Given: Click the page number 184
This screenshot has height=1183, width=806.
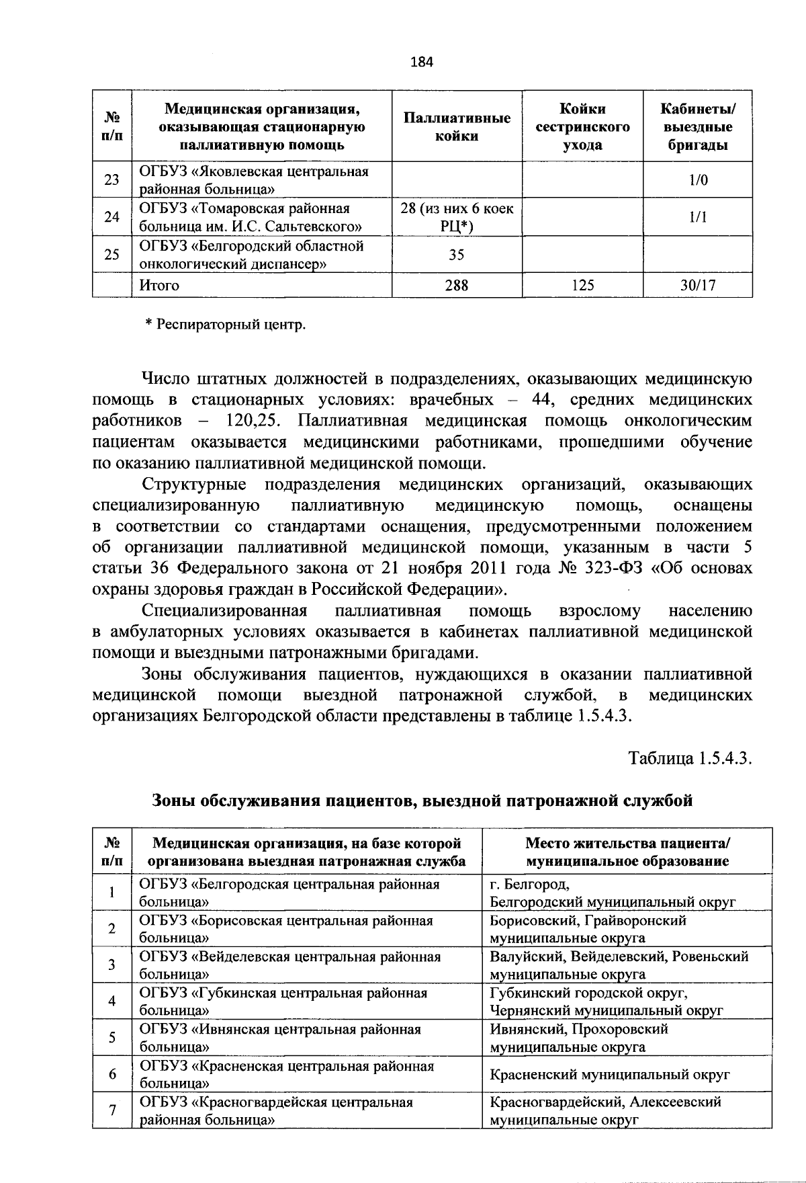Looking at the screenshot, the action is pyautogui.click(x=422, y=63).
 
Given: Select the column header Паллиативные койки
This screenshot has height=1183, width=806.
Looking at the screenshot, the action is pyautogui.click(x=457, y=127).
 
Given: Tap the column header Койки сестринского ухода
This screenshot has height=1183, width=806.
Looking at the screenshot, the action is pyautogui.click(x=582, y=127).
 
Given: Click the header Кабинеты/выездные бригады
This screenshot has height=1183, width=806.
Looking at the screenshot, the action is pyautogui.click(x=697, y=127).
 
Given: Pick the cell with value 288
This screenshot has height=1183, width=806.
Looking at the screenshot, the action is pyautogui.click(x=457, y=285).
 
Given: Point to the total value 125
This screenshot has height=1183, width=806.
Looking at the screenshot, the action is pyautogui.click(x=582, y=285).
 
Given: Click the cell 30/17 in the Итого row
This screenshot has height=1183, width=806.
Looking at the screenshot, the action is pyautogui.click(x=697, y=285).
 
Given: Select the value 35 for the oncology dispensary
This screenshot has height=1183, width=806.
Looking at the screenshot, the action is pyautogui.click(x=457, y=255).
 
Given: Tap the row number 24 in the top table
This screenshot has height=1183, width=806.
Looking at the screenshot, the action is pyautogui.click(x=112, y=217).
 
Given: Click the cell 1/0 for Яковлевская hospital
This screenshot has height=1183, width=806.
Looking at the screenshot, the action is pyautogui.click(x=697, y=180).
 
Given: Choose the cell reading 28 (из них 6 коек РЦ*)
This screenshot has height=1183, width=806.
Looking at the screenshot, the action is pyautogui.click(x=457, y=217).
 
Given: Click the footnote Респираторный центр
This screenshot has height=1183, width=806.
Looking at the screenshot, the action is pyautogui.click(x=226, y=325).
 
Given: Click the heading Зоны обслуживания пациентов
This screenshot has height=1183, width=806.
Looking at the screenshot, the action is pyautogui.click(x=422, y=800).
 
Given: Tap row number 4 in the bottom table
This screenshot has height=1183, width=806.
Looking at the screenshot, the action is pyautogui.click(x=112, y=1001).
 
